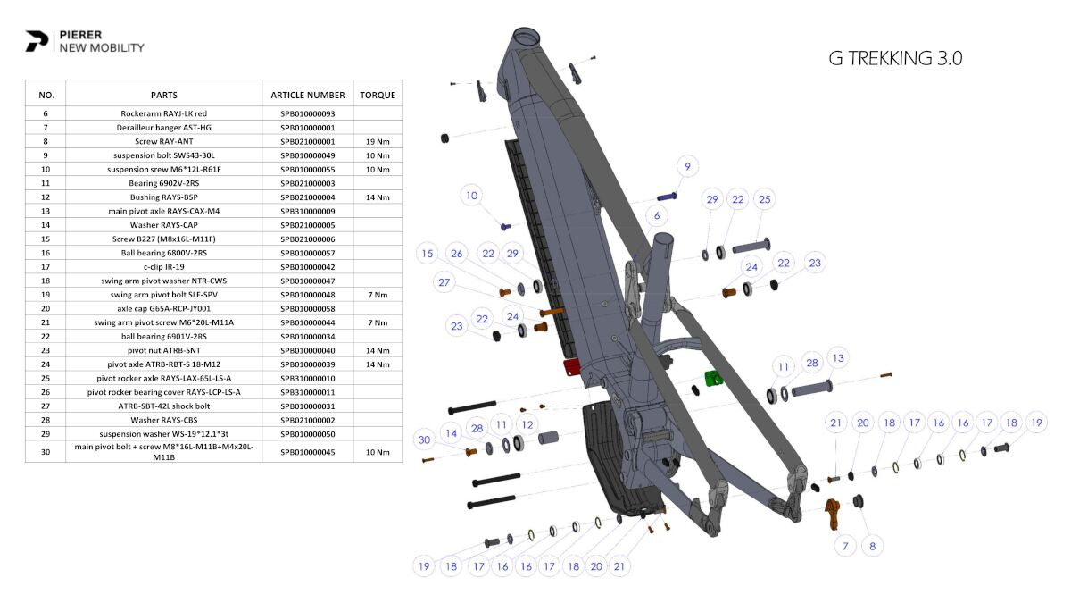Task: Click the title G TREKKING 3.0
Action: pyautogui.click(x=895, y=59)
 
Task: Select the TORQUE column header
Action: pyautogui.click(x=378, y=95)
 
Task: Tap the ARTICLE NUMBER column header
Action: pyautogui.click(x=307, y=95)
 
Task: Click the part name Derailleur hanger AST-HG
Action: pyautogui.click(x=163, y=128)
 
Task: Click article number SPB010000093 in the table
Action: pyautogui.click(x=307, y=113)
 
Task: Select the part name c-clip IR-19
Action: pyautogui.click(x=163, y=266)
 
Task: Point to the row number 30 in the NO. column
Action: pyautogui.click(x=46, y=452)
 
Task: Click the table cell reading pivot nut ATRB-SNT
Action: pyautogui.click(x=163, y=350)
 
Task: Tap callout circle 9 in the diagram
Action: pyautogui.click(x=686, y=166)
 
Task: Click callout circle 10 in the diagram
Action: pyautogui.click(x=472, y=196)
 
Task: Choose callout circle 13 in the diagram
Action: pyautogui.click(x=837, y=358)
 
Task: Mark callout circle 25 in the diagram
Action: pyautogui.click(x=765, y=199)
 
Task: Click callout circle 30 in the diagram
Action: pyautogui.click(x=425, y=439)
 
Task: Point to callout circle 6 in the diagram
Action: pyautogui.click(x=657, y=215)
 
